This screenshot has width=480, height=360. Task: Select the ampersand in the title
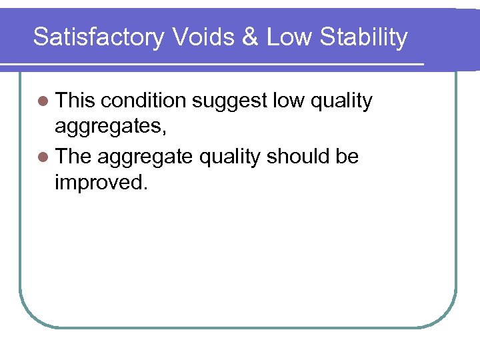tap(251, 37)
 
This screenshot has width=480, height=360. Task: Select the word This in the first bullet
tap(75, 101)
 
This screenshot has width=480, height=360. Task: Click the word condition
tap(144, 101)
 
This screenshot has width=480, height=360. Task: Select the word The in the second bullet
tap(74, 157)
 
